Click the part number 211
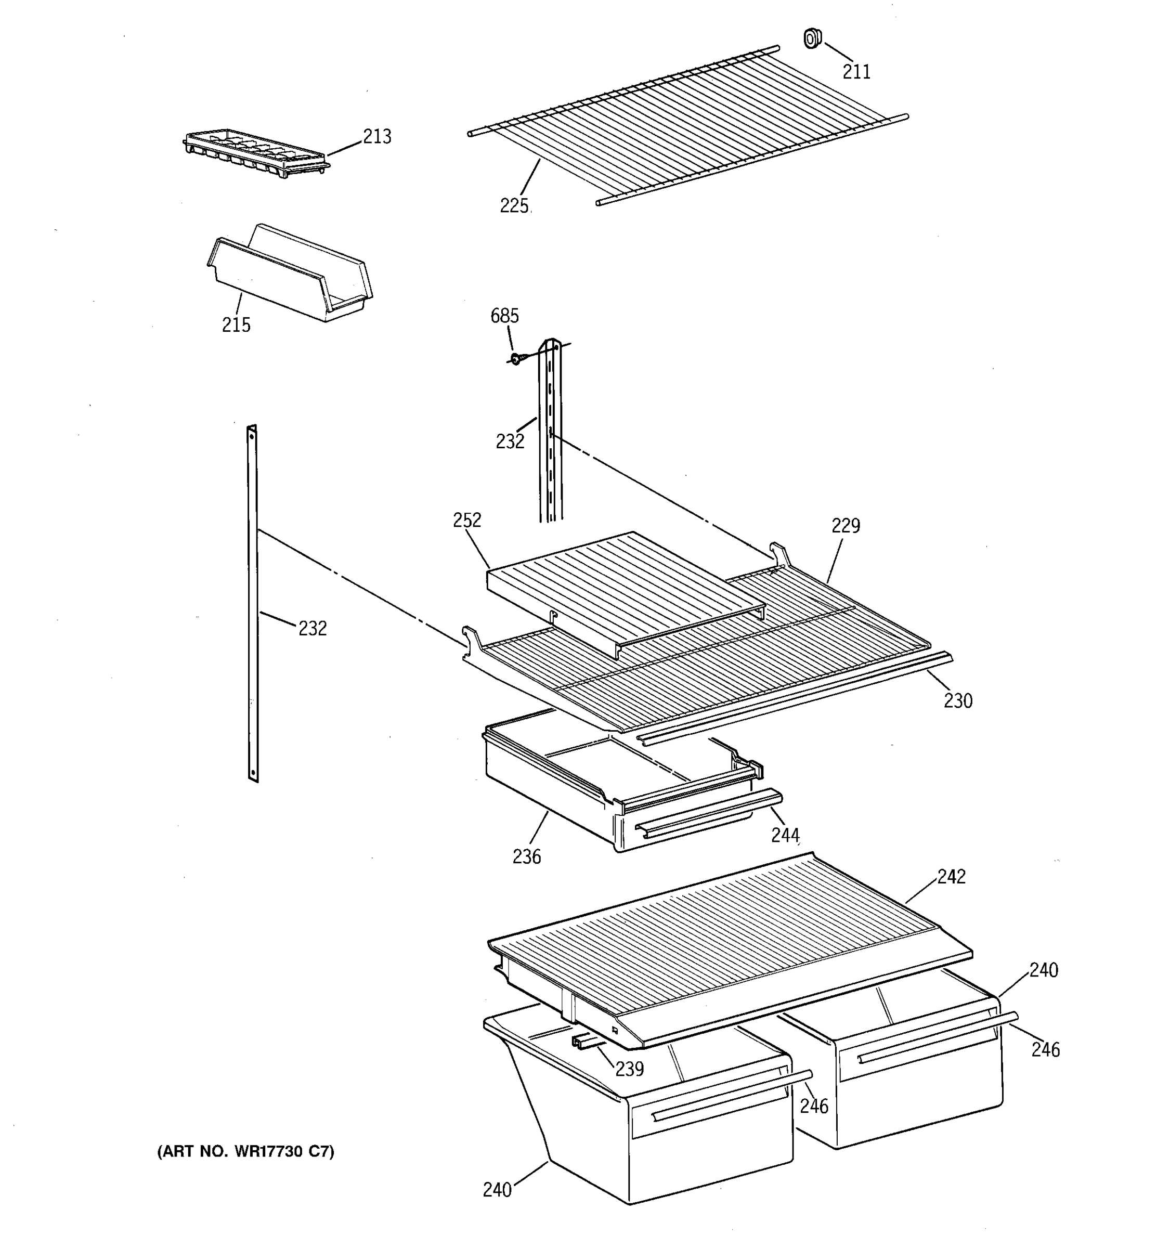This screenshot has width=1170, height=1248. tap(856, 72)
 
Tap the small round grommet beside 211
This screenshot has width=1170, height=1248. tap(812, 38)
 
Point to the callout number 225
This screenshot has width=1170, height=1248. tap(514, 205)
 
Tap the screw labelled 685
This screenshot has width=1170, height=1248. tap(515, 358)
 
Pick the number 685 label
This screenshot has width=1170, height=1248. tap(504, 316)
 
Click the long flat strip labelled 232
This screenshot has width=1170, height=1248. tap(252, 603)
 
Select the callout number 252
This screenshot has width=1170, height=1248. tap(467, 520)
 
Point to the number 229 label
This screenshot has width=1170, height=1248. tap(846, 525)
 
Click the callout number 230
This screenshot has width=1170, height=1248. tap(958, 700)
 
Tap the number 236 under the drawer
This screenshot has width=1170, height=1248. tap(526, 856)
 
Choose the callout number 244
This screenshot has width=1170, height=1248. tap(785, 835)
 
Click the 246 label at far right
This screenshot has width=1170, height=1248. tap(1045, 1050)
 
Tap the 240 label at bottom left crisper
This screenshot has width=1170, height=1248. tap(497, 1190)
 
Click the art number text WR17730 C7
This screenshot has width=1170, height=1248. tap(245, 1151)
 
